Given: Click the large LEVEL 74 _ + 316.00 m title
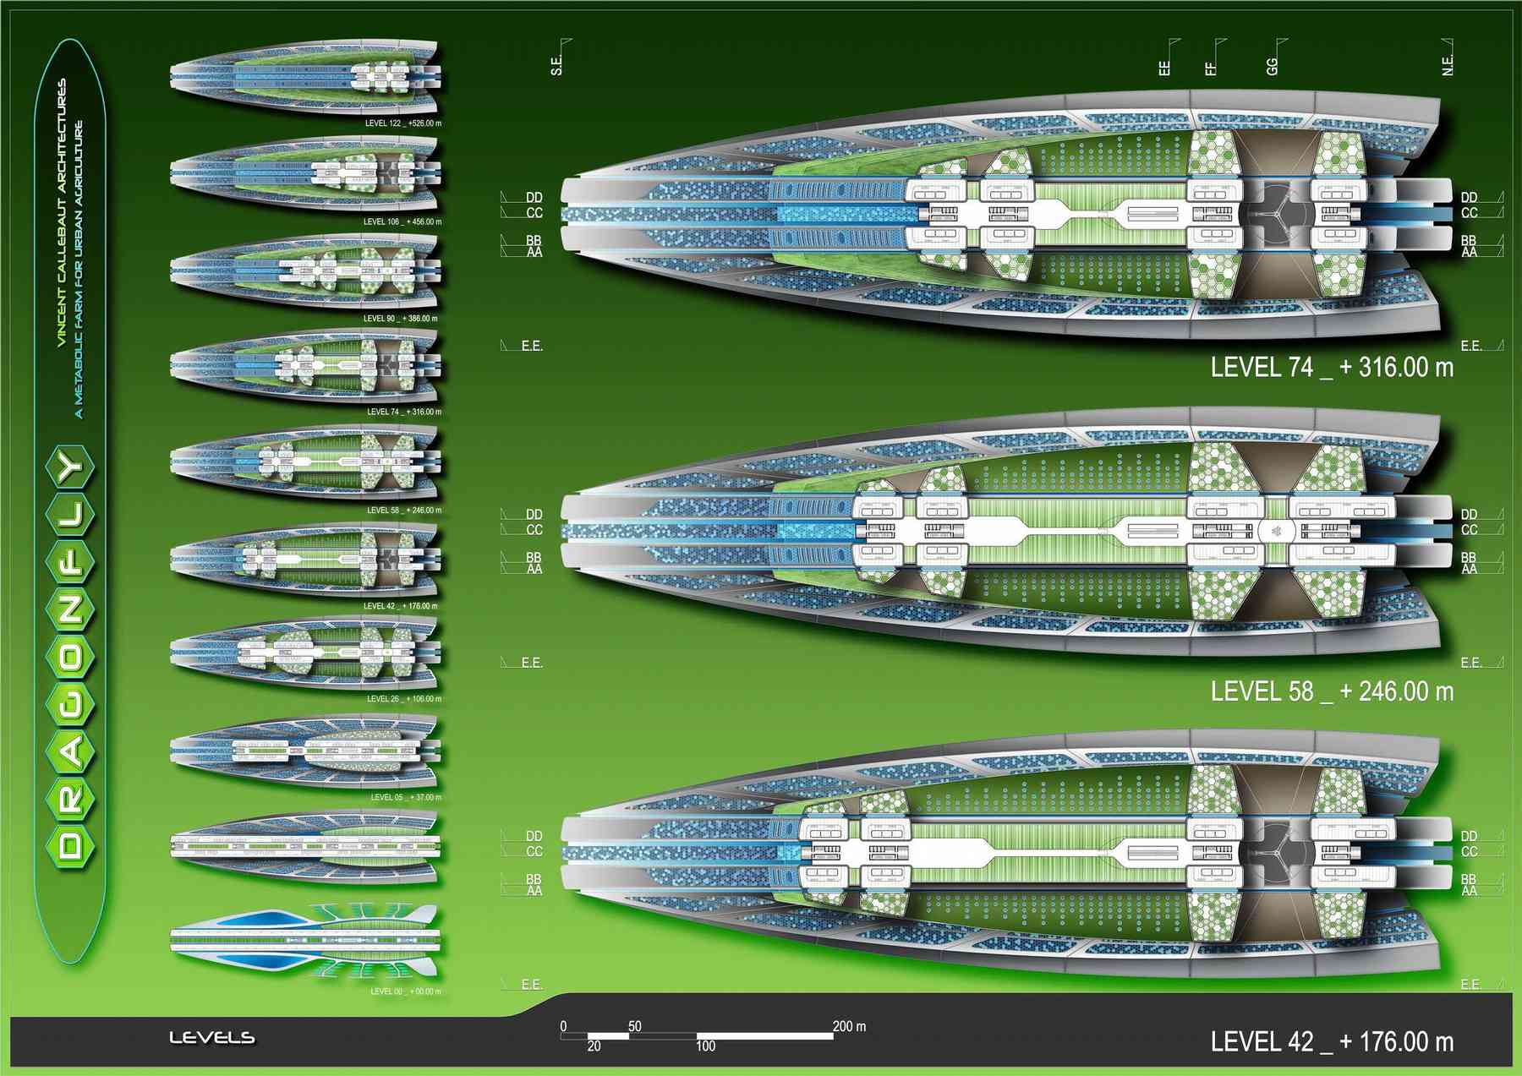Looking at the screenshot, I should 1332,368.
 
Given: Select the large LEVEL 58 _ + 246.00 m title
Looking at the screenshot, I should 1332,691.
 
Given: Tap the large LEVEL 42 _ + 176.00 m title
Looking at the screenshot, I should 1332,1041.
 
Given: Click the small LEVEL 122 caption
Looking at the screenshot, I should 402,123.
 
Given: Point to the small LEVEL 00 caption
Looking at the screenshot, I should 405,991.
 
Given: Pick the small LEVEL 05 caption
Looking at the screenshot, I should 405,797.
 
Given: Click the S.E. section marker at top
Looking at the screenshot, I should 556,65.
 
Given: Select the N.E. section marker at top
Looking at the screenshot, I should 1448,65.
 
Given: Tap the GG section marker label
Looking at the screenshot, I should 1273,65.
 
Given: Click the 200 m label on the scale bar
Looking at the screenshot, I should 849,1027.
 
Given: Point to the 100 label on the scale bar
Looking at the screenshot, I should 705,1046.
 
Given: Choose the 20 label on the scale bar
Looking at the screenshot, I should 594,1046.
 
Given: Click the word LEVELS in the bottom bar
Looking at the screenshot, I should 211,1038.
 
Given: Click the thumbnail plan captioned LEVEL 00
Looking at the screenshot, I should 304,939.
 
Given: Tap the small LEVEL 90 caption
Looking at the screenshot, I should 400,319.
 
